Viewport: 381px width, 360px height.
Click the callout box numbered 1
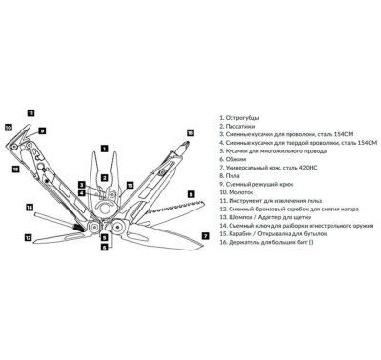coord(104,148)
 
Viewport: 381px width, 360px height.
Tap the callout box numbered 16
coord(190,133)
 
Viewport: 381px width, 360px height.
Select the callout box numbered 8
coord(190,194)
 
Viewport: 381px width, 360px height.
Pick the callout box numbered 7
coord(206,236)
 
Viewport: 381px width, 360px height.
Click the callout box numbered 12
coord(29,237)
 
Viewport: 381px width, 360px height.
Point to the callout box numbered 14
coord(30,208)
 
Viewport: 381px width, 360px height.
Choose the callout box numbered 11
coord(30,112)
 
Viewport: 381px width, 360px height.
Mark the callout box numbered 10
coord(9,128)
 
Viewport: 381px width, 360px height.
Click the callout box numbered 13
coord(130,186)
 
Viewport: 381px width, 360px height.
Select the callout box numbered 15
coord(15,170)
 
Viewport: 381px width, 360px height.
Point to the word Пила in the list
coord(232,176)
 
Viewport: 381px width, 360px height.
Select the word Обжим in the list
coord(235,159)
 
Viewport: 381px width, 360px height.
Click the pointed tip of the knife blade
coord(203,248)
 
